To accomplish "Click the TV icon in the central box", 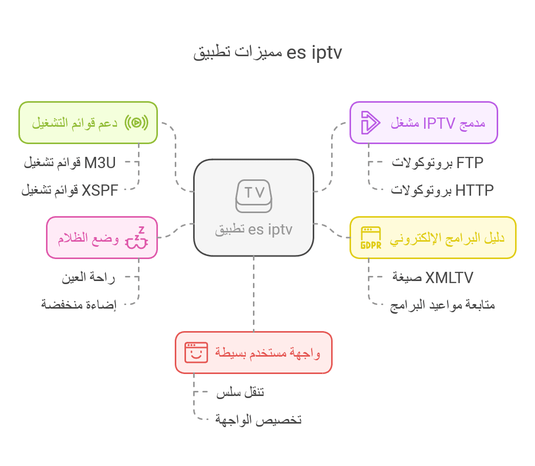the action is (x=253, y=196).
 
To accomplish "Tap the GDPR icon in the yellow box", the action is (x=370, y=238).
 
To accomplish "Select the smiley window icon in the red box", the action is (x=196, y=353).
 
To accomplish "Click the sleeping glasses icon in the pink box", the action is (x=136, y=238).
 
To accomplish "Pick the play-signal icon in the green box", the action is (x=136, y=123).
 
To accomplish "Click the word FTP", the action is (x=470, y=162).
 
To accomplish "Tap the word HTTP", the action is (x=475, y=191).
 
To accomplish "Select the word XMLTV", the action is (x=449, y=277).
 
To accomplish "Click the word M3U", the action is (x=100, y=162).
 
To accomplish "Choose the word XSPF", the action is (x=100, y=191).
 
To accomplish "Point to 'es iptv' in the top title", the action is (x=314, y=53).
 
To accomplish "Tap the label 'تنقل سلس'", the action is (x=240, y=392).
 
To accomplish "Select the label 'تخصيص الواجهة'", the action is (x=258, y=420).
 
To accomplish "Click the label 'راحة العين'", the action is (x=88, y=277).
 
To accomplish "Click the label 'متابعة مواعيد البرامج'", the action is (x=443, y=305).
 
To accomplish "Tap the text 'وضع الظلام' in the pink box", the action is (x=88, y=238).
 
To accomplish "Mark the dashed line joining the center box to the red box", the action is (x=253, y=294).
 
